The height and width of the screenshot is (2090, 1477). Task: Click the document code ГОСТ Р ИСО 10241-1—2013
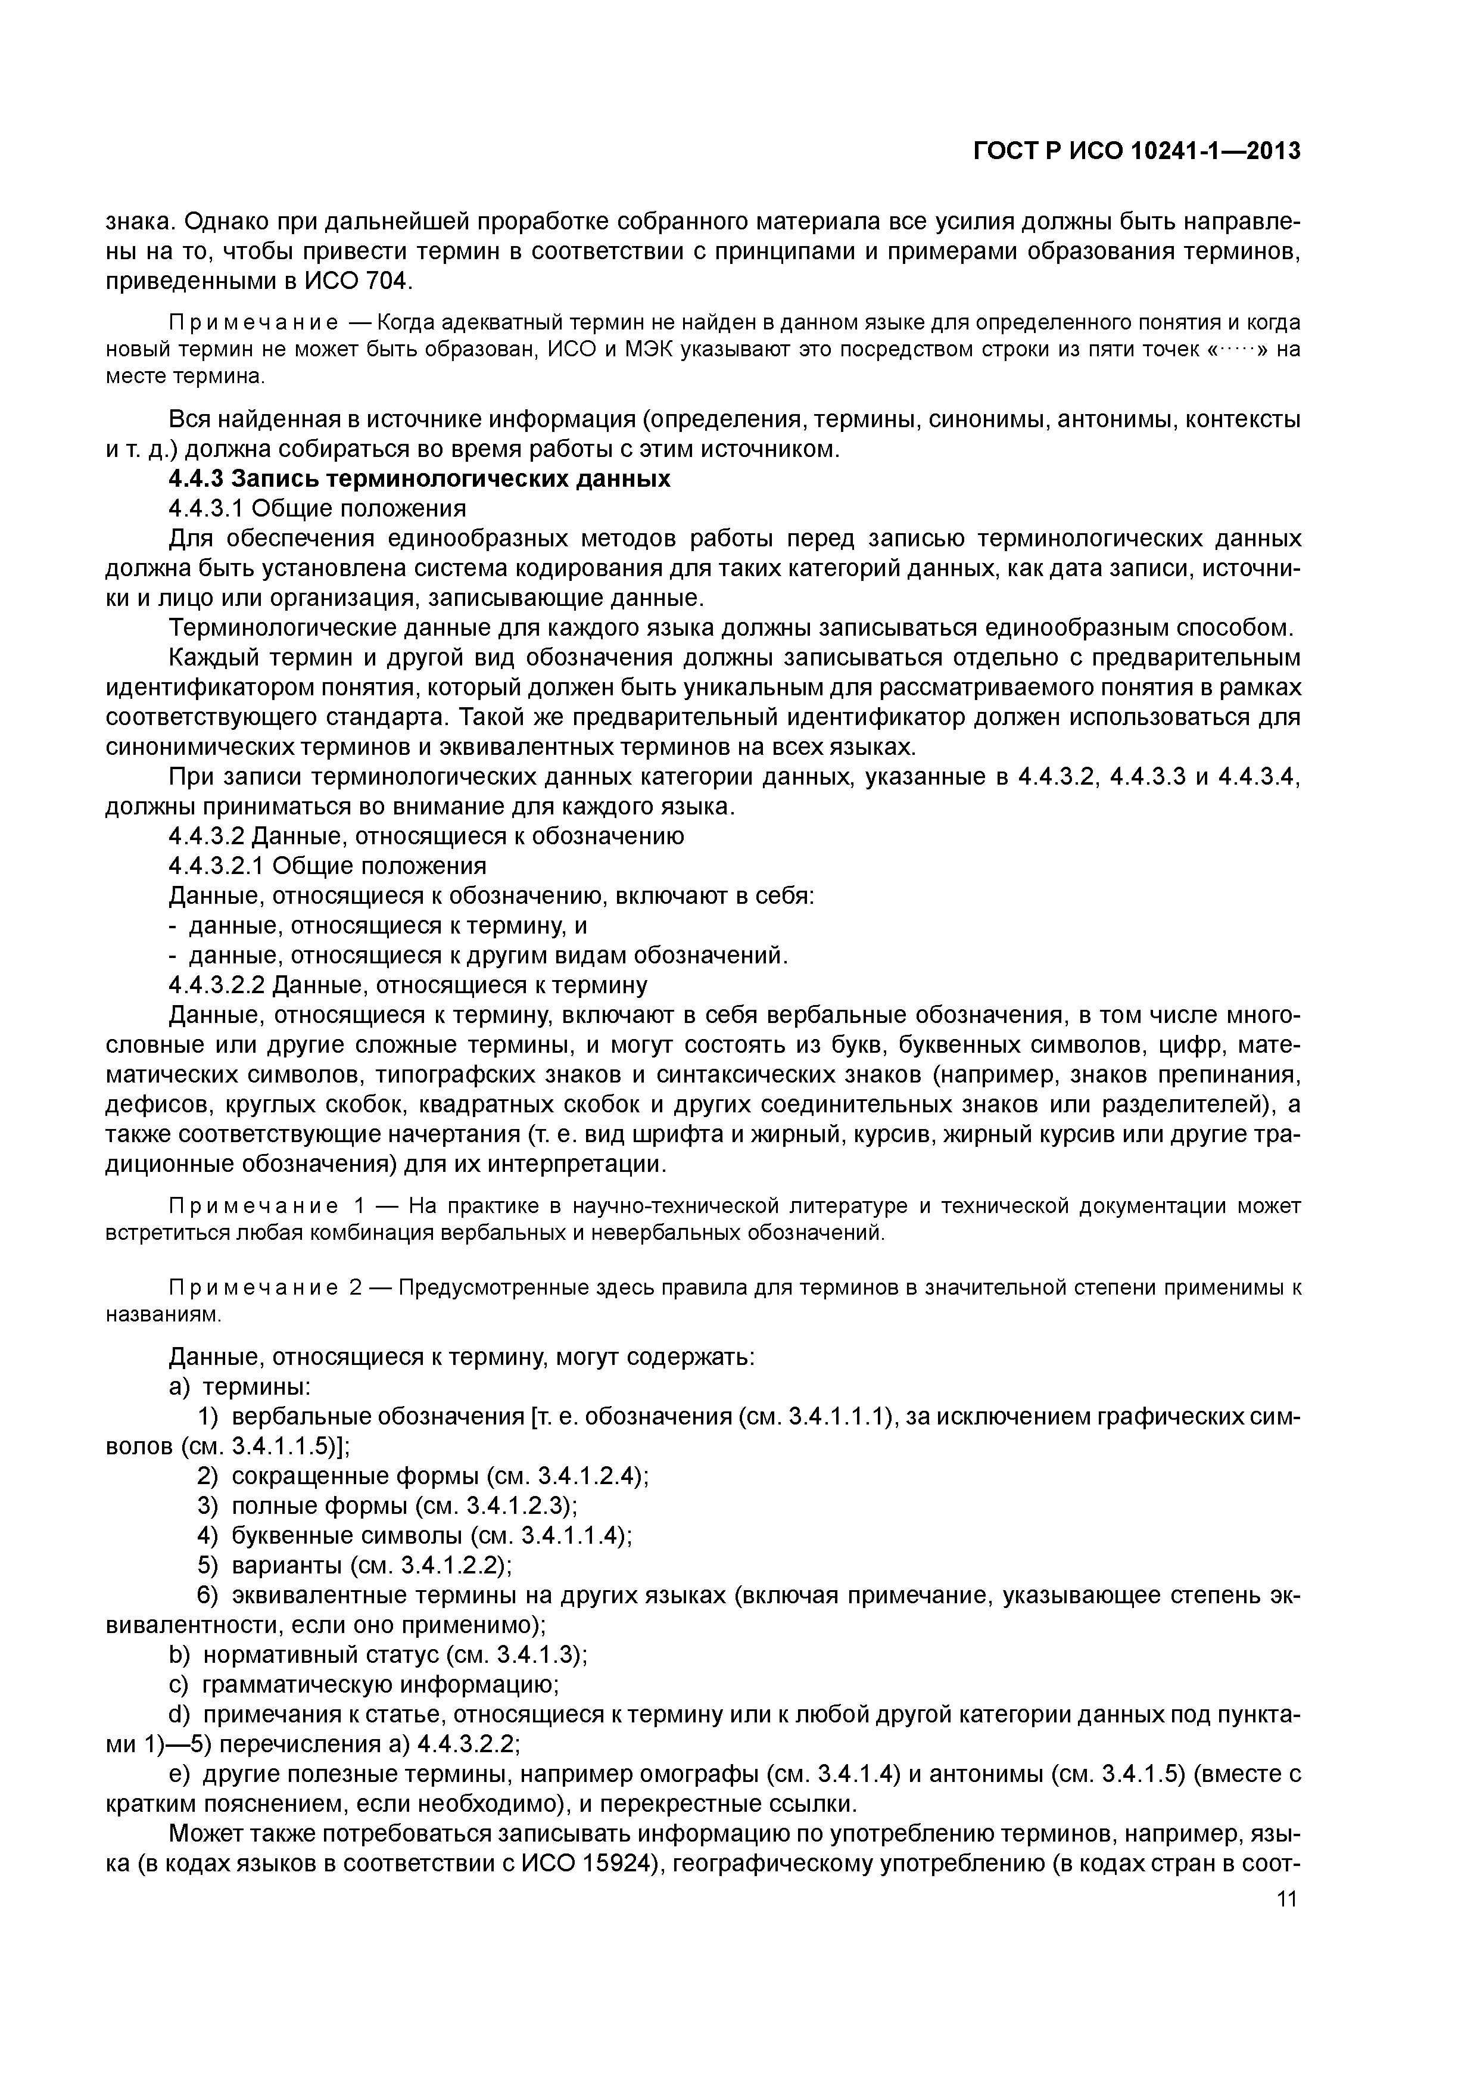(x=1136, y=151)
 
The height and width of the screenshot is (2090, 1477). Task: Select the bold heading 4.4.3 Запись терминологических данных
(x=419, y=479)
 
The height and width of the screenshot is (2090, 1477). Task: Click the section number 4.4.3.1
(x=205, y=508)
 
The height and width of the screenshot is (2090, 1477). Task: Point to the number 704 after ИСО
(x=388, y=281)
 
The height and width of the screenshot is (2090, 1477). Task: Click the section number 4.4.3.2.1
(x=217, y=866)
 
